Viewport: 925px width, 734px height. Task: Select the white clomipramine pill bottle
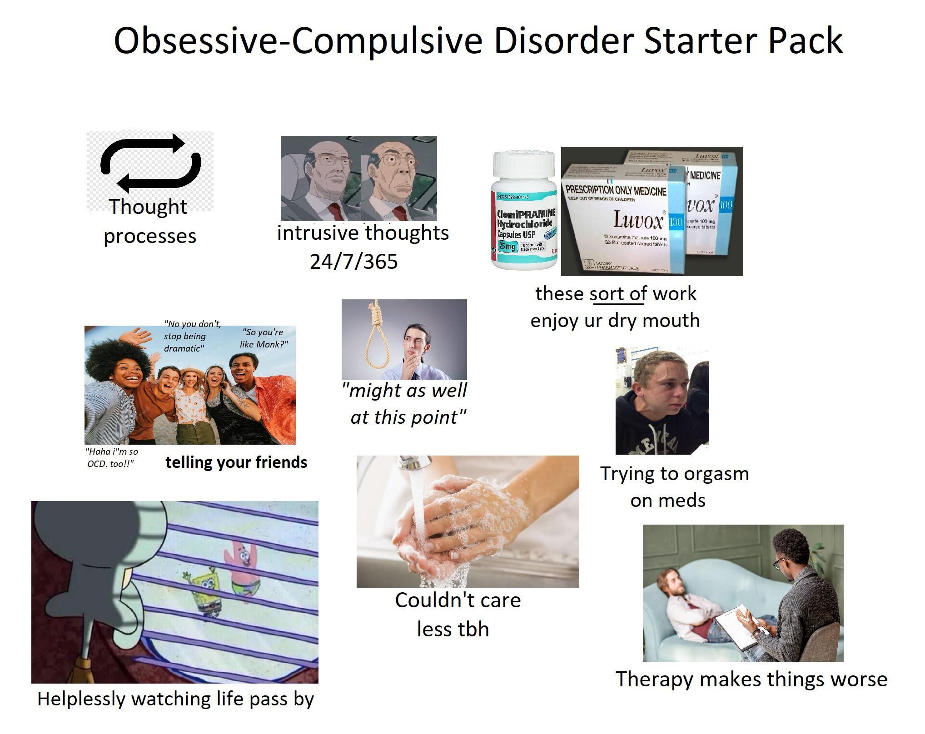pyautogui.click(x=524, y=211)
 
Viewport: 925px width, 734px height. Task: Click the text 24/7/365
pyautogui.click(x=353, y=262)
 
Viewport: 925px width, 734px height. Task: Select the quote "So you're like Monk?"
pyautogui.click(x=264, y=338)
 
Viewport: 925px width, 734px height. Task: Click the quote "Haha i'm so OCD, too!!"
pyautogui.click(x=112, y=458)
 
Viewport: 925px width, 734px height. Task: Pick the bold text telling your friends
pyautogui.click(x=236, y=462)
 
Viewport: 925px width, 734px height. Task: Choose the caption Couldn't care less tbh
pyautogui.click(x=457, y=615)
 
